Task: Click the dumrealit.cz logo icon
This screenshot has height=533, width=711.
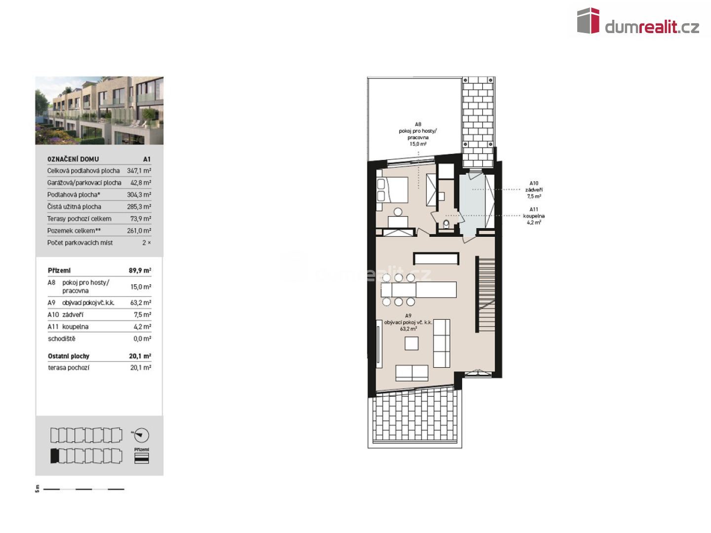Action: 588,21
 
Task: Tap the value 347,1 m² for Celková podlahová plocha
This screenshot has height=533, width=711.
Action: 139,171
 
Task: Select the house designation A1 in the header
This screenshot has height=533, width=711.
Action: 147,159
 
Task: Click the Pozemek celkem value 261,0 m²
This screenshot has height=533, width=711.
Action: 139,230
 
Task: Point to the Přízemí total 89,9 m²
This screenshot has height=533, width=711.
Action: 140,270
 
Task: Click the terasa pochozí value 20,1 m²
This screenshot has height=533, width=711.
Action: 141,367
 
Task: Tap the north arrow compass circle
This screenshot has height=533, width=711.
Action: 141,435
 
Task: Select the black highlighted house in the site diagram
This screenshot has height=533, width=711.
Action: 54,456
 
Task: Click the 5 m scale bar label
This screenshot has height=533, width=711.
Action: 37,489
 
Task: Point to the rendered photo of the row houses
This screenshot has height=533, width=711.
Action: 99,111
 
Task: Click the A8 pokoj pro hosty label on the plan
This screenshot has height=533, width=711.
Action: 418,134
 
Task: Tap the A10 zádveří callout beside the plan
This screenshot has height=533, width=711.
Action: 534,190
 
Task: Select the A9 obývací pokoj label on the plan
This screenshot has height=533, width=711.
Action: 408,322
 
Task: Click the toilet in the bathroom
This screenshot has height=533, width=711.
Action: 446,224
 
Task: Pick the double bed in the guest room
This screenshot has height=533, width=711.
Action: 392,190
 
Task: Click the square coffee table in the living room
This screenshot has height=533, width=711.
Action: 411,343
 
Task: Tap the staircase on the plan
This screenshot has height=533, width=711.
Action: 485,294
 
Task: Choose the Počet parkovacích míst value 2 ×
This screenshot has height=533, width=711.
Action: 147,242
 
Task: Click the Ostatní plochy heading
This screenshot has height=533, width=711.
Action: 68,356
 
